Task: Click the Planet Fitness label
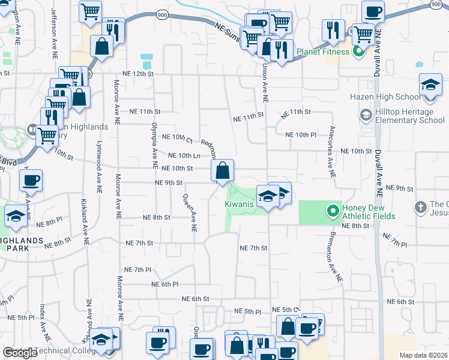pyautogui.click(x=323, y=52)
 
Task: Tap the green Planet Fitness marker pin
pyautogui.click(x=359, y=52)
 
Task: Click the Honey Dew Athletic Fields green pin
pyautogui.click(x=333, y=211)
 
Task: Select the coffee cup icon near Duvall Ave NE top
pyautogui.click(x=373, y=12)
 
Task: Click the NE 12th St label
pyautogui.click(x=138, y=73)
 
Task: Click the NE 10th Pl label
pyautogui.click(x=301, y=135)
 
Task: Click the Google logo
pyautogui.click(x=20, y=353)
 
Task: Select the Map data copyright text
pyautogui.click(x=423, y=355)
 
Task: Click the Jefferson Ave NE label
pyautogui.click(x=54, y=25)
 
